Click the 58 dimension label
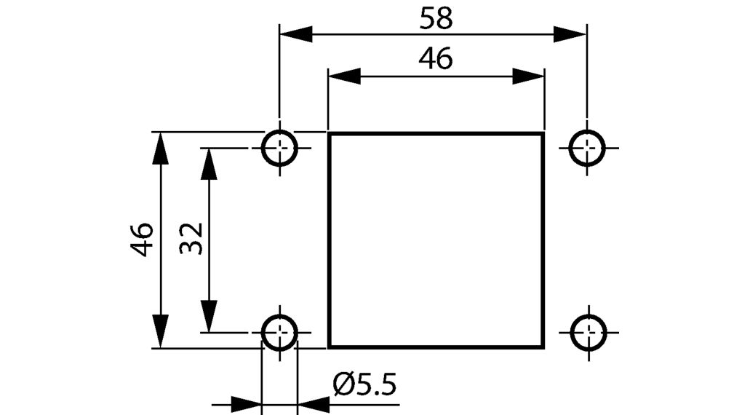[436, 19]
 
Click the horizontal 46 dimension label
[436, 59]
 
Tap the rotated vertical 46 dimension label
[142, 240]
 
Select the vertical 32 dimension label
[191, 239]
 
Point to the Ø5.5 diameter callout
[364, 384]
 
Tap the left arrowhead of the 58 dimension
[296, 34]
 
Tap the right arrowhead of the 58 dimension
[570, 34]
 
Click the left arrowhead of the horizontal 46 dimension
[345, 76]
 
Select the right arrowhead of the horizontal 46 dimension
[528, 76]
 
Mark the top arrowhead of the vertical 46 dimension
[161, 149]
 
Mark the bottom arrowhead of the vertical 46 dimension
[161, 331]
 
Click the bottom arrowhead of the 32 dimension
[209, 316]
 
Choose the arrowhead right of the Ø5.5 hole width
[314, 405]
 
